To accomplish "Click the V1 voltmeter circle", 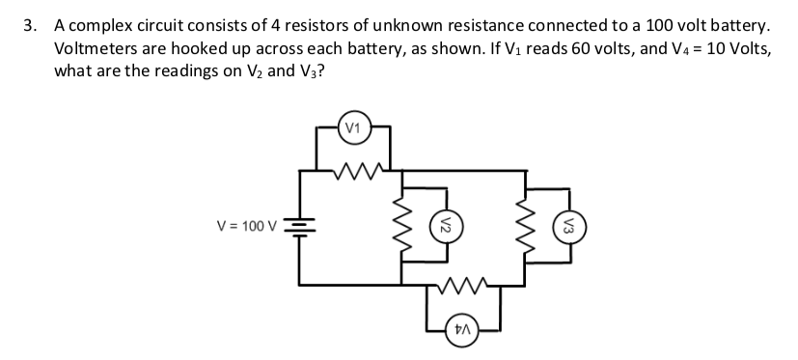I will [353, 127].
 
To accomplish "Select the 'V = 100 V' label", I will [246, 227].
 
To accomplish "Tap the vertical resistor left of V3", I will [526, 228].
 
